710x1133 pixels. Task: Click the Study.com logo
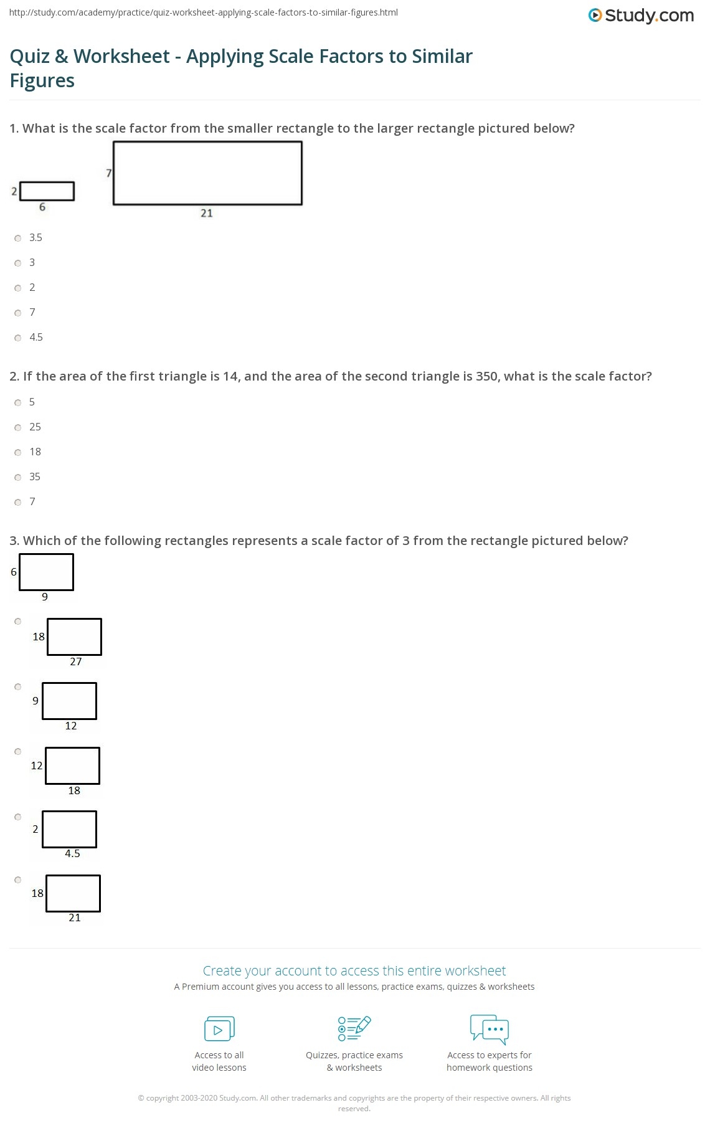(x=641, y=16)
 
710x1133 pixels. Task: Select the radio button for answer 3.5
(x=18, y=238)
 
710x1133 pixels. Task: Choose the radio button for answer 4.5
(x=18, y=338)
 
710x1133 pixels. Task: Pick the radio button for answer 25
(x=18, y=427)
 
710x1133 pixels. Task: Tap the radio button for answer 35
(x=18, y=477)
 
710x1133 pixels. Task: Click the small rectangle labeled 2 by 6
(x=47, y=191)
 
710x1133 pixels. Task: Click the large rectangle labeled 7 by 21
(x=207, y=173)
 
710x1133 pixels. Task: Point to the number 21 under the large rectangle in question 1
(x=207, y=213)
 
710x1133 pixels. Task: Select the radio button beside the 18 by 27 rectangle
(x=18, y=621)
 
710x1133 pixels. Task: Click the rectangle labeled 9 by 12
(x=69, y=701)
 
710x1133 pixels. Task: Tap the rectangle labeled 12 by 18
(x=72, y=766)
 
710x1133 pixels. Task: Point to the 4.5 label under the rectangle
(x=72, y=853)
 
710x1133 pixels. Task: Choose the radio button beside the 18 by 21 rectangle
(x=18, y=880)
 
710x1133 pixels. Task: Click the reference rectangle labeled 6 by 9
(x=46, y=572)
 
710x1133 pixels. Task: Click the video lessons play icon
(x=219, y=1029)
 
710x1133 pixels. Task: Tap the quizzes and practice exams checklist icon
(x=354, y=1028)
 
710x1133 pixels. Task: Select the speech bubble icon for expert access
(x=490, y=1028)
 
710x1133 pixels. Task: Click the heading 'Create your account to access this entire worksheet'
(x=354, y=970)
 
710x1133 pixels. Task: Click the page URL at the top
(x=204, y=12)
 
